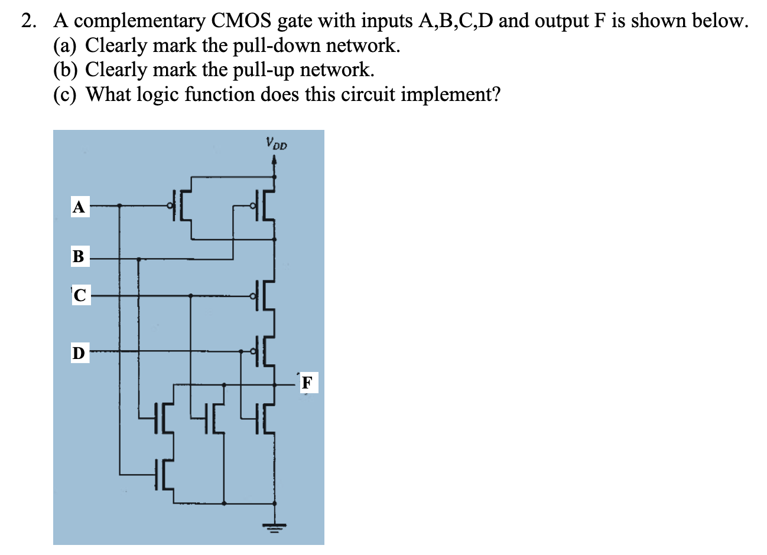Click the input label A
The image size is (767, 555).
(79, 207)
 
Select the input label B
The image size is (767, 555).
(79, 257)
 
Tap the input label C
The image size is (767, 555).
(80, 295)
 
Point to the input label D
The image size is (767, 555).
(79, 353)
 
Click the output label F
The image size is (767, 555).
(307, 382)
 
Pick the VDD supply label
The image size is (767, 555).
(276, 143)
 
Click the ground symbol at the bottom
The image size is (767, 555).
(274, 525)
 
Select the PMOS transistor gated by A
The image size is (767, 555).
(181, 205)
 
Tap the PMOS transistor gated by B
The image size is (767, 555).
(264, 205)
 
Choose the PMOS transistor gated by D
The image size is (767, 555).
(264, 351)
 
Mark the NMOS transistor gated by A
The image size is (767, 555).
(163, 474)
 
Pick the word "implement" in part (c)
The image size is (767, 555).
(446, 94)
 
